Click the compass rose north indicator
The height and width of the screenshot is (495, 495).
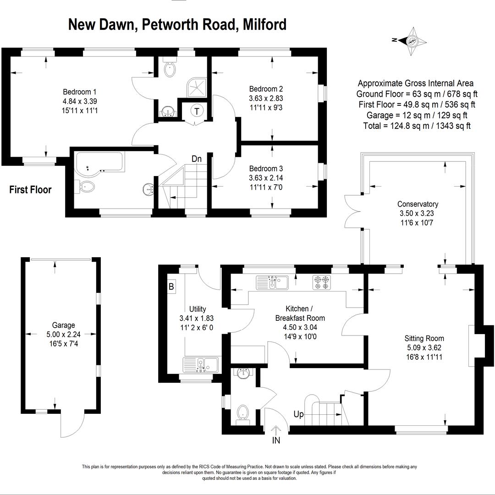tap(394, 40)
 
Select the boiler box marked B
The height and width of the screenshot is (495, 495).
tap(171, 286)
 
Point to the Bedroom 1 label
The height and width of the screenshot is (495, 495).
tap(80, 92)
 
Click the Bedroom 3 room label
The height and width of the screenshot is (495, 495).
tap(266, 169)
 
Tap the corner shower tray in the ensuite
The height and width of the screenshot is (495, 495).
tap(197, 88)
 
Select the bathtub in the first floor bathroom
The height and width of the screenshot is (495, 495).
tap(99, 162)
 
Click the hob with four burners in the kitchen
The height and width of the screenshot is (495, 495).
tap(322, 282)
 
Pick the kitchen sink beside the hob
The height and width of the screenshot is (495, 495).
tap(272, 282)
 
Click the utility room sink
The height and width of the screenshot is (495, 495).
tap(201, 365)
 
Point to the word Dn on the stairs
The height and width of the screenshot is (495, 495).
tap(196, 159)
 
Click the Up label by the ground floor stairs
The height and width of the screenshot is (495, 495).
tap(298, 414)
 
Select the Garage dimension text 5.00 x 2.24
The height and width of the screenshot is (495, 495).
tap(63, 334)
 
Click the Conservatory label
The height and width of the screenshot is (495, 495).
tap(418, 204)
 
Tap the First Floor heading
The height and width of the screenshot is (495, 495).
tap(30, 190)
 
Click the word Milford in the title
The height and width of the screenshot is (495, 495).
tap(264, 24)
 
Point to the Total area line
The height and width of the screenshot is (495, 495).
tap(417, 126)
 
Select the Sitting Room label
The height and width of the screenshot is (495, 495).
tap(424, 338)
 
